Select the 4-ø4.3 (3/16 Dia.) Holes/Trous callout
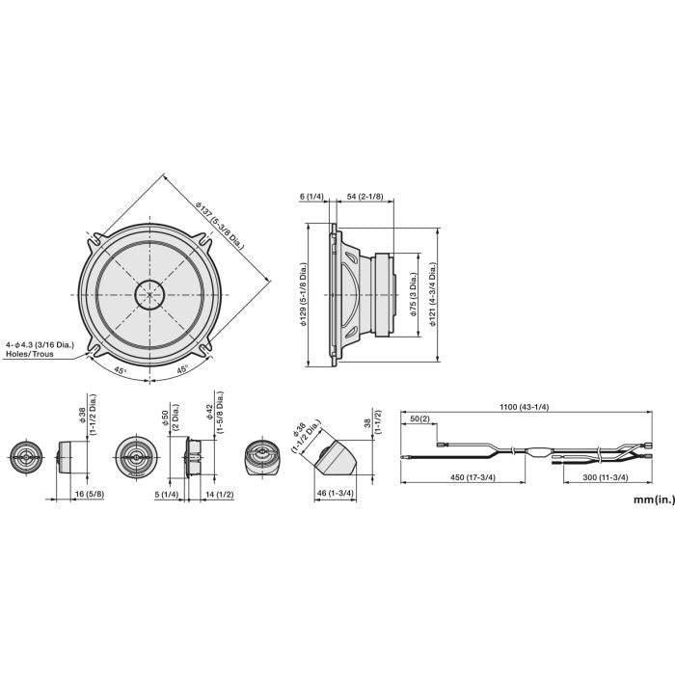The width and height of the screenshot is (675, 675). [x=40, y=349]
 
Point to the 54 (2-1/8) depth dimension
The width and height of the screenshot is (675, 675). [x=364, y=197]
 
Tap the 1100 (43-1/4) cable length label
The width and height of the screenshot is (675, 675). [x=524, y=406]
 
